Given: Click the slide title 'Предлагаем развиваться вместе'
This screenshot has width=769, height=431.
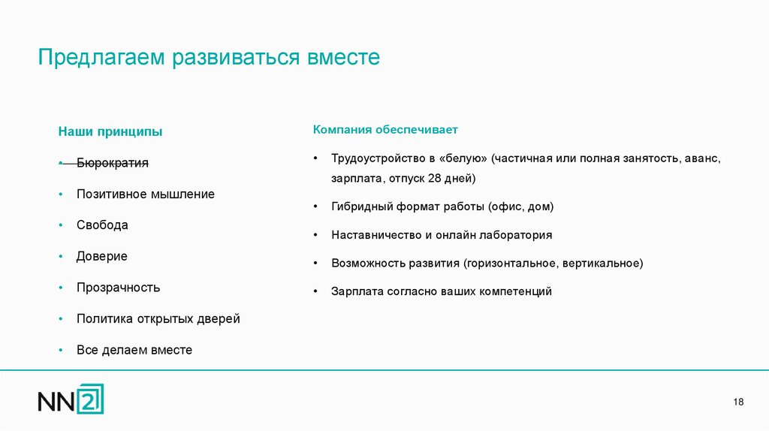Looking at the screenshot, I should [210, 58].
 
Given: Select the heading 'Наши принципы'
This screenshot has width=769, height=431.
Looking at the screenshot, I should [110, 132].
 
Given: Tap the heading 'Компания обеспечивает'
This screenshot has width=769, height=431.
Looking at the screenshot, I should [385, 130].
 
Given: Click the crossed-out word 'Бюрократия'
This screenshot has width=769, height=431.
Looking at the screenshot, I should [112, 163].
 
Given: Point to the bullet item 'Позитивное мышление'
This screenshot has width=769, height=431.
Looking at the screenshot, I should [145, 194].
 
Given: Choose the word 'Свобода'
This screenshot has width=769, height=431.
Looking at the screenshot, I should [102, 225].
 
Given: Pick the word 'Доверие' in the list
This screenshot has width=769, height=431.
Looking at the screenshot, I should [101, 256].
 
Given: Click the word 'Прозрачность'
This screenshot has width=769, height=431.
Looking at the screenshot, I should [118, 288].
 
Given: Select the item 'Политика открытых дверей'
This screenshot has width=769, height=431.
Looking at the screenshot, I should [158, 318].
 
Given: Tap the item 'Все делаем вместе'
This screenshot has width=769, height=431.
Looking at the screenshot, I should [134, 350].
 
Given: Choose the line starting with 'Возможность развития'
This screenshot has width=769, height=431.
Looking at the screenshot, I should [487, 264].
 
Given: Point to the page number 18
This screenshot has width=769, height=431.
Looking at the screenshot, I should [738, 402].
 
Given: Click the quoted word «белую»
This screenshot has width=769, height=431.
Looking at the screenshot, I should [463, 159].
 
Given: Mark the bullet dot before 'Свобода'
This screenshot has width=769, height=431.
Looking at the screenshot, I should [59, 225].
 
